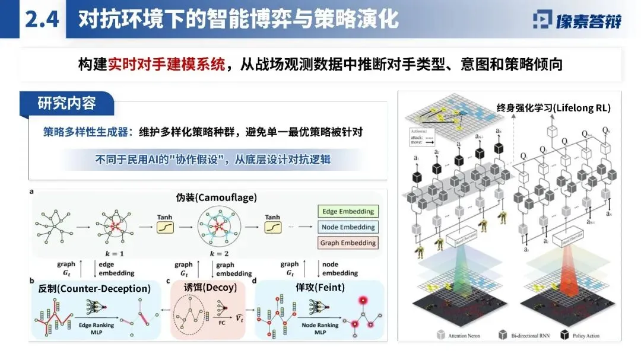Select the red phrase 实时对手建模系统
pos(167,64)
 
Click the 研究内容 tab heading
pos(66,103)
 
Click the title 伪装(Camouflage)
pos(212,197)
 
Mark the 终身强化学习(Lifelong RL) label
pos(553,108)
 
